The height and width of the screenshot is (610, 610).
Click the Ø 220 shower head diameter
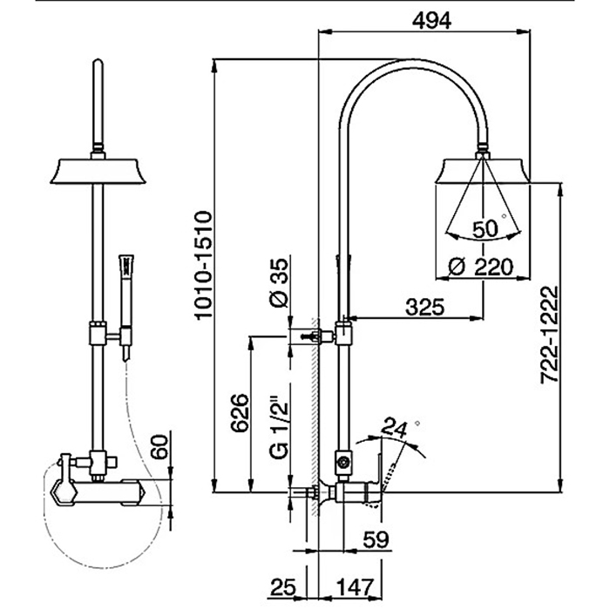click(475, 268)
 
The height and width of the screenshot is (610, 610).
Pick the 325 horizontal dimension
click(424, 307)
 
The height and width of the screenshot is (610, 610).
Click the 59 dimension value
click(376, 539)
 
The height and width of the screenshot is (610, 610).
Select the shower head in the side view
click(482, 169)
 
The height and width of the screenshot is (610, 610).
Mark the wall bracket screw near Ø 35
click(306, 335)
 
